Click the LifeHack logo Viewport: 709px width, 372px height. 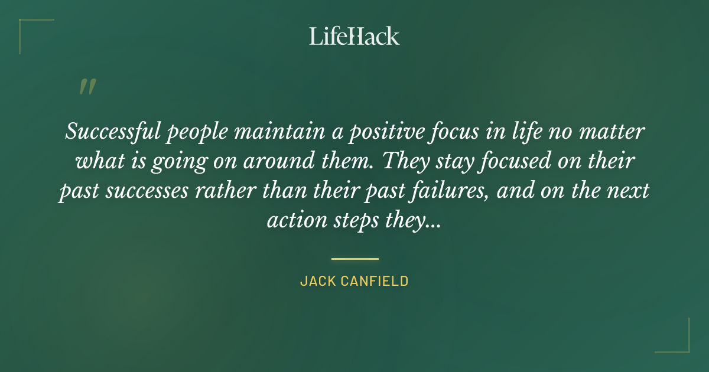(x=354, y=36)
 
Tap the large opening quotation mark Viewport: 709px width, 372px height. (x=87, y=87)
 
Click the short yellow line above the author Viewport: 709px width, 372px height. (x=354, y=259)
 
